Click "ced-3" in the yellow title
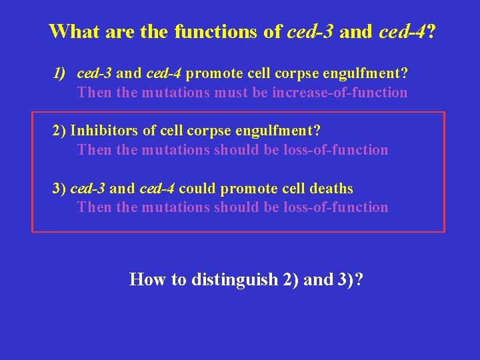click(311, 32)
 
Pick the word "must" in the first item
click(232, 93)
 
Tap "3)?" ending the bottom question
click(349, 279)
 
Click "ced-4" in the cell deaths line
click(157, 189)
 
